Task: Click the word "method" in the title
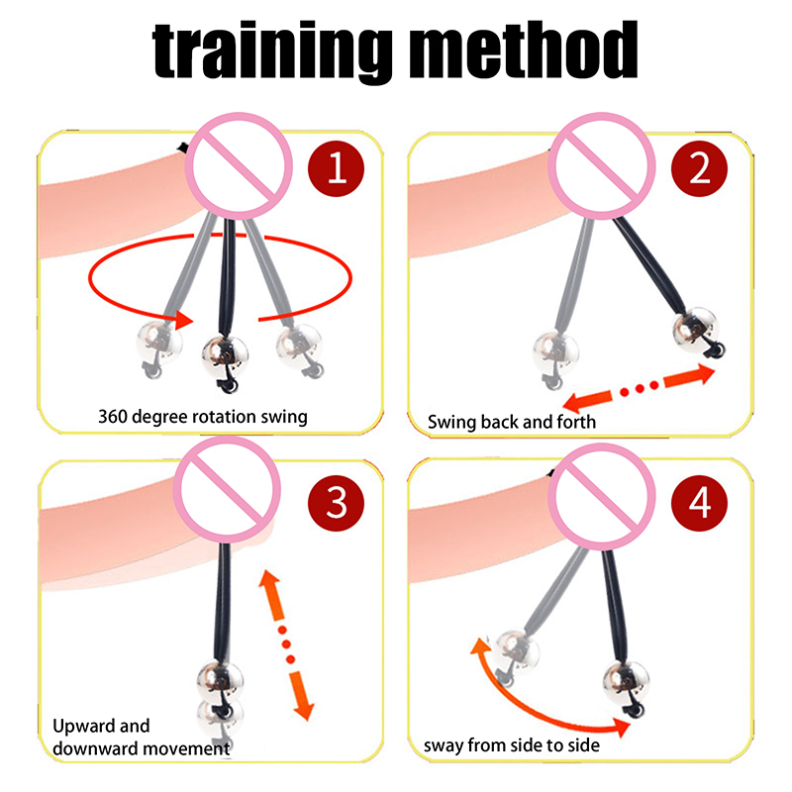tap(523, 49)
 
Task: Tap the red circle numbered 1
tap(336, 168)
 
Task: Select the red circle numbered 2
tap(699, 168)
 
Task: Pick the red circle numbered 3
tap(336, 503)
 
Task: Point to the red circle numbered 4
tap(699, 503)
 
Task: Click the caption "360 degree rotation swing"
tap(203, 417)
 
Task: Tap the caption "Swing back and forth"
tap(512, 422)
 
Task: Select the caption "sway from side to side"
tap(512, 745)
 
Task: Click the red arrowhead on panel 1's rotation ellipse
tap(184, 320)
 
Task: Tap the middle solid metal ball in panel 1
tap(226, 356)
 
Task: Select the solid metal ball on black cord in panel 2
tap(696, 331)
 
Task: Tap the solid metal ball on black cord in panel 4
tap(627, 683)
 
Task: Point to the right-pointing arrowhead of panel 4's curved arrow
tap(621, 727)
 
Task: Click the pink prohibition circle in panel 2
tap(602, 165)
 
